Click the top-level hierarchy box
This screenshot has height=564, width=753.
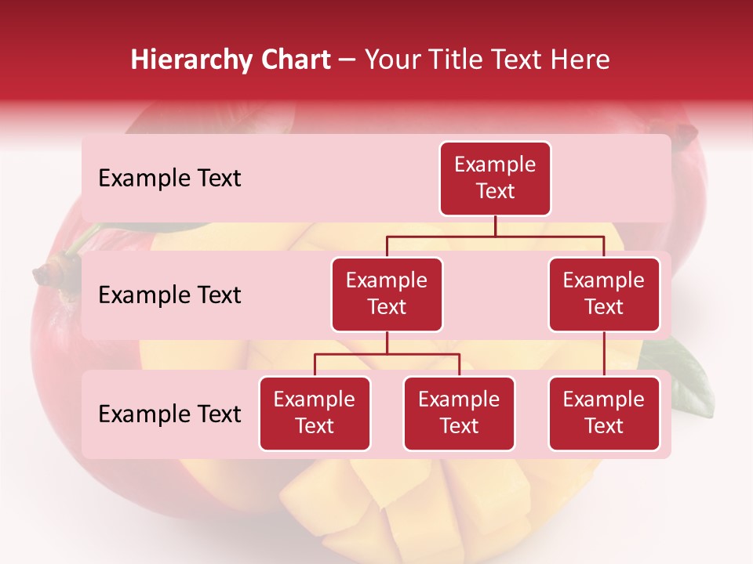495,179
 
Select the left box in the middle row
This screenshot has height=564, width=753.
387,295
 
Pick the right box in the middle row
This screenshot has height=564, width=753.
604,295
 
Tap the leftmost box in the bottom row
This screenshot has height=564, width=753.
315,414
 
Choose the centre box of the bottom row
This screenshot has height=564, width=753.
459,414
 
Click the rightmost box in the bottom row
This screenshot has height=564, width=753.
604,414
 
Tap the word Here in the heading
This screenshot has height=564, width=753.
578,60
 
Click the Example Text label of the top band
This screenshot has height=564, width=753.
169,179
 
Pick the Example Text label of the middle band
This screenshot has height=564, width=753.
169,295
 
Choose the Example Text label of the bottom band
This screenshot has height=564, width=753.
169,414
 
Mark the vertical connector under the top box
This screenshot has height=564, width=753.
495,226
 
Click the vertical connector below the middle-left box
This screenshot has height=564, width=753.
387,343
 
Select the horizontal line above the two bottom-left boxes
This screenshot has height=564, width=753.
387,354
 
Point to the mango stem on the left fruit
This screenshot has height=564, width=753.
47,273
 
